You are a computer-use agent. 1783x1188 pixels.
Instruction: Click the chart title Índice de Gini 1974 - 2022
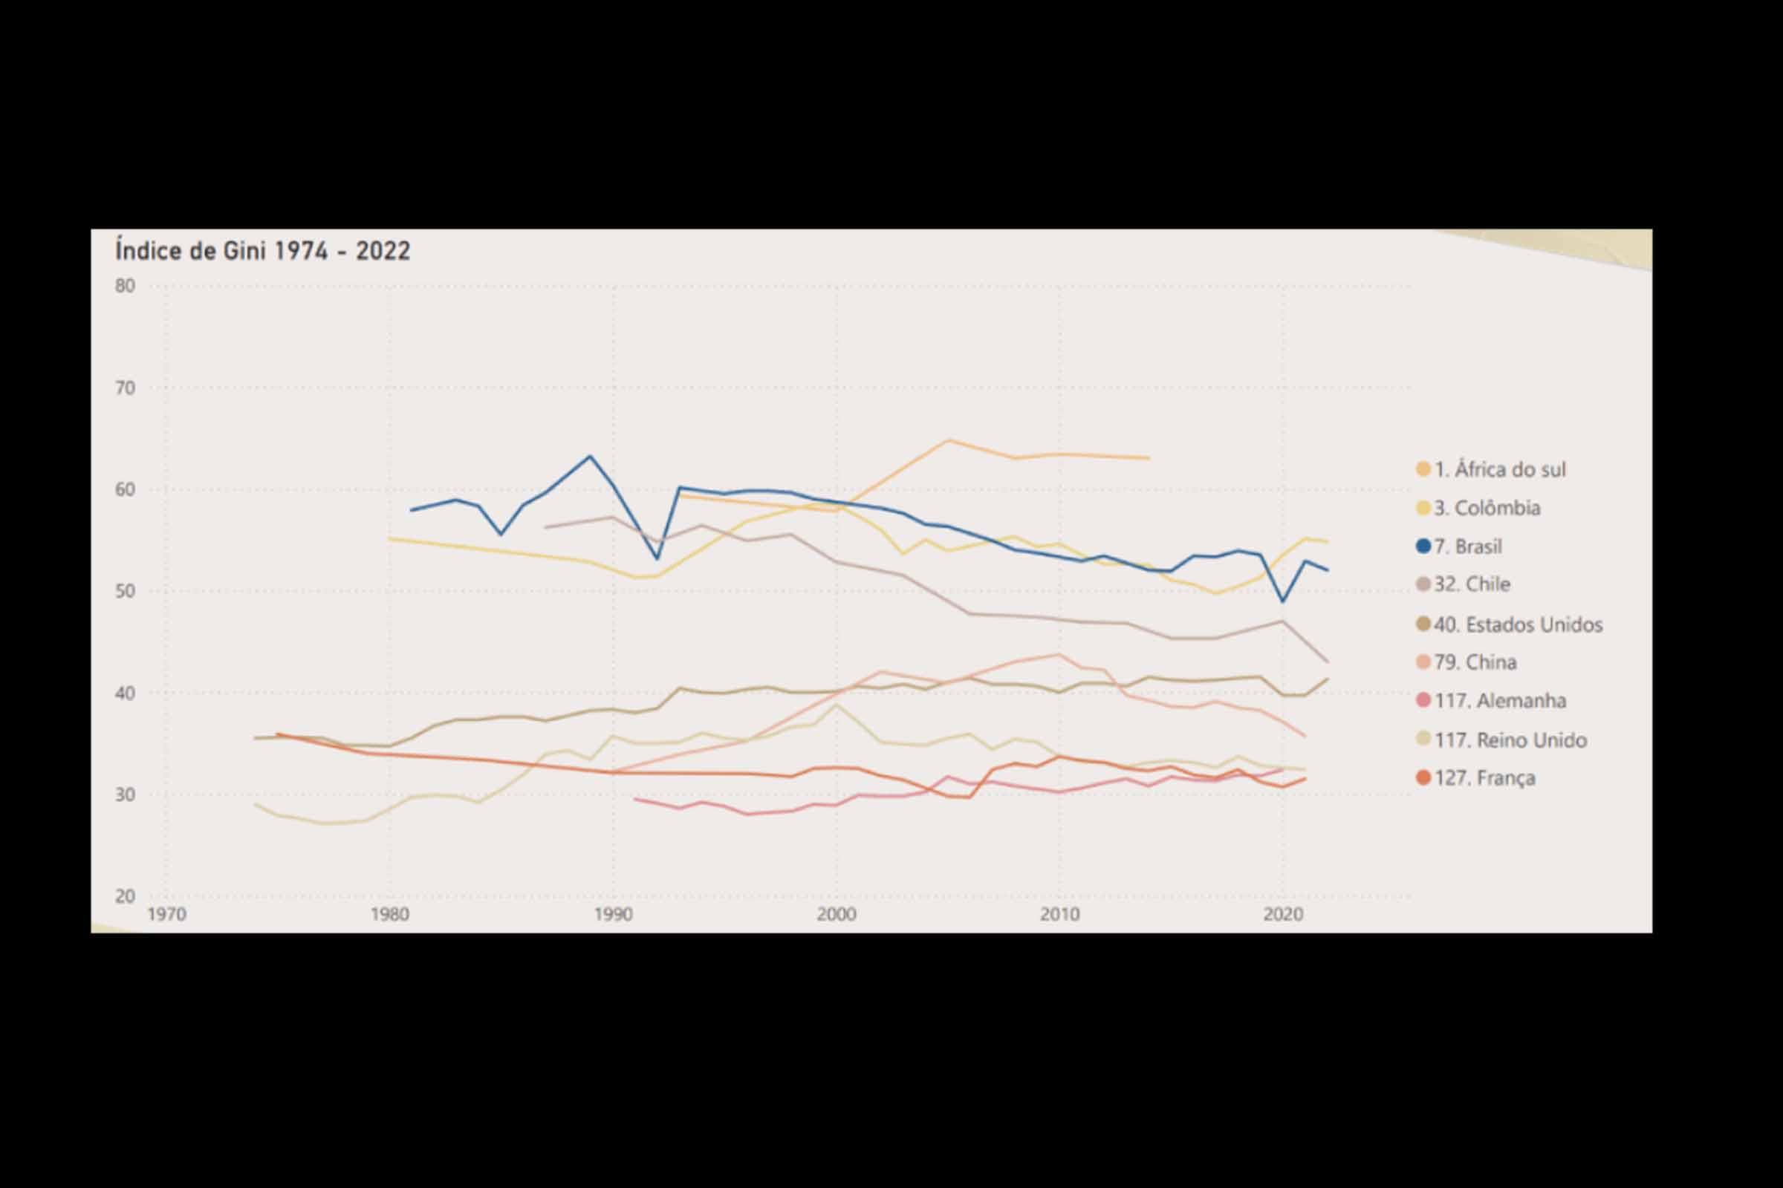coord(262,251)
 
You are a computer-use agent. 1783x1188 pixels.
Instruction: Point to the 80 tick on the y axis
coord(125,286)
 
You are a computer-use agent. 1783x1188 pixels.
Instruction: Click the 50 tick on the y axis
coord(125,591)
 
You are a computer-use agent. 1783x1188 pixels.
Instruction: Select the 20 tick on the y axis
coord(125,896)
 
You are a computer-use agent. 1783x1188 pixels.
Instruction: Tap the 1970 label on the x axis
coord(166,915)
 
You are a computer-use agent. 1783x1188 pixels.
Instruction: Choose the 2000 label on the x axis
coord(837,915)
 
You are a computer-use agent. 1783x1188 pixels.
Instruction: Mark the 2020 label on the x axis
coord(1283,915)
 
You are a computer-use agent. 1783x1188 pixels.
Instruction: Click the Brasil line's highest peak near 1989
coord(590,456)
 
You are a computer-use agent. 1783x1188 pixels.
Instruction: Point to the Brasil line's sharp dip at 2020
coord(1283,601)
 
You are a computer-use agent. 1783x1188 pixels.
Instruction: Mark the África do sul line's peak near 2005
coord(948,440)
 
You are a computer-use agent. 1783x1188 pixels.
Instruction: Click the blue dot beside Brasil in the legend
coord(1423,546)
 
